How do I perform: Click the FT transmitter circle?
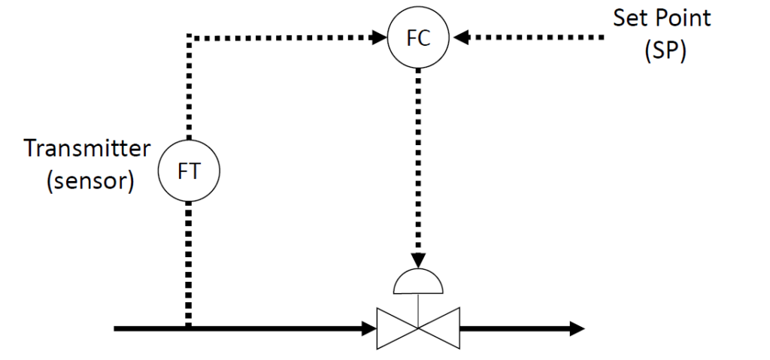click(188, 171)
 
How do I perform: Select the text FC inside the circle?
click(418, 38)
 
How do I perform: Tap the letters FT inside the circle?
click(188, 171)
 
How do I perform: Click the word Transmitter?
click(87, 149)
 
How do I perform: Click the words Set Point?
click(662, 19)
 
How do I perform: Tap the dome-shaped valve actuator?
click(418, 281)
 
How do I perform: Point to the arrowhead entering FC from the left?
click(379, 36)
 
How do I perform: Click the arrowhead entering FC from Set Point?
click(459, 36)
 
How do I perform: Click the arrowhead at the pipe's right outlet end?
click(577, 328)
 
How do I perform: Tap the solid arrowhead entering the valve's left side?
click(369, 328)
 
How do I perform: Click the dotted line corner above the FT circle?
click(188, 36)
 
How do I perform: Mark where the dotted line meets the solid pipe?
click(188, 327)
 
